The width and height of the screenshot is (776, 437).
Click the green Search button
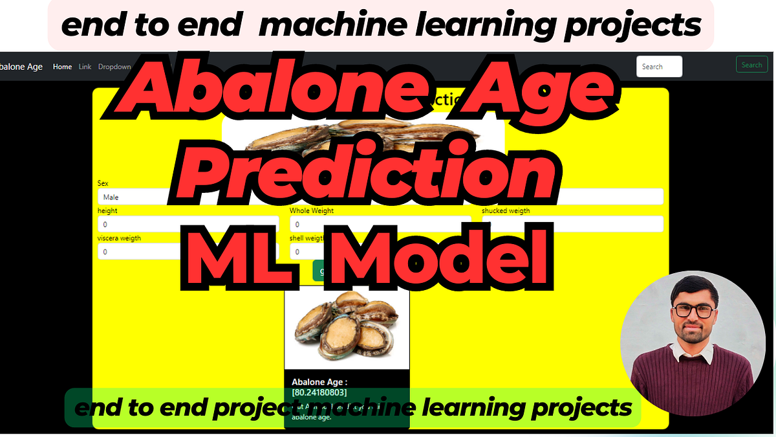click(751, 65)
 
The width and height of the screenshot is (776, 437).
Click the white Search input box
click(659, 67)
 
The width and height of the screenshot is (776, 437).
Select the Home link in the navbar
click(62, 67)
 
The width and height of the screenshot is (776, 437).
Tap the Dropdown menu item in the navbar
click(114, 67)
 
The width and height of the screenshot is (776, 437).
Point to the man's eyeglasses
click(693, 310)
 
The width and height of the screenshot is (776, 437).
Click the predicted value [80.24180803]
click(319, 392)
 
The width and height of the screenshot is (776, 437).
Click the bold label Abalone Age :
click(319, 382)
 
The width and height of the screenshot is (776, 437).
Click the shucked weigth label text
click(506, 210)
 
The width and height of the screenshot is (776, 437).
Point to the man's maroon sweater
click(692, 382)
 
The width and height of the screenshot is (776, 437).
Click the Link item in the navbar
click(85, 67)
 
